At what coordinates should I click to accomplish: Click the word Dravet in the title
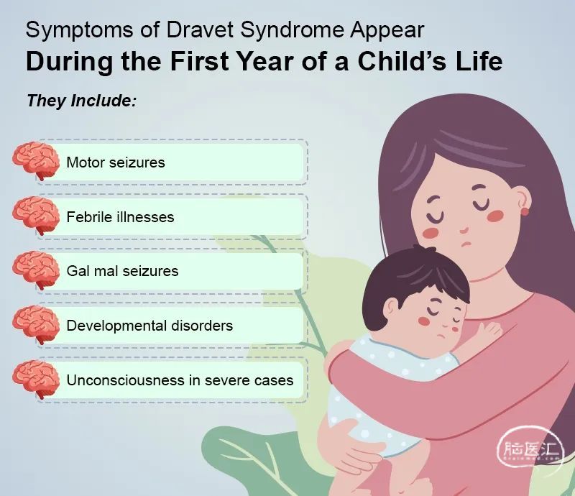200,29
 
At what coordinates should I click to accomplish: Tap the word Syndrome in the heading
293,31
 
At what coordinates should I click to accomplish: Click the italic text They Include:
81,101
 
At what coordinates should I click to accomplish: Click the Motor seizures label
116,162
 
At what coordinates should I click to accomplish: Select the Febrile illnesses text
120,217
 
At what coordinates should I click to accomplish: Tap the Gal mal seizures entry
122,271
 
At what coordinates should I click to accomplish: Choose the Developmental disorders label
149,326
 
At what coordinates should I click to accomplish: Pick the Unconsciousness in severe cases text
180,380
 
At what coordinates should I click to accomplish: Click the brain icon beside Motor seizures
36,160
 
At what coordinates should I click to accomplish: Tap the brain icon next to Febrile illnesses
36,215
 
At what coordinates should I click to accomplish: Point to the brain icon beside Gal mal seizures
36,270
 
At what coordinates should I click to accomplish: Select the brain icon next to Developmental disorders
36,324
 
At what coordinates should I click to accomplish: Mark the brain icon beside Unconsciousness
36,379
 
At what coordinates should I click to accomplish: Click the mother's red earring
525,211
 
